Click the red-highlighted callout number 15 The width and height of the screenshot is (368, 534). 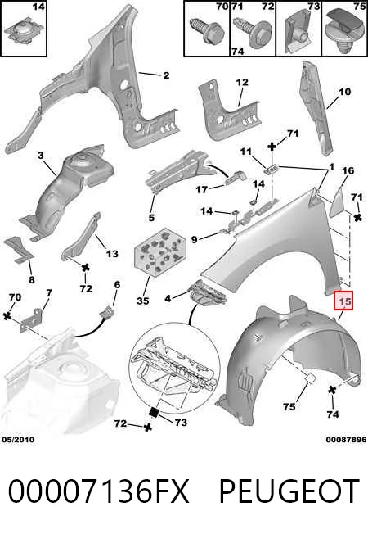coord(343,301)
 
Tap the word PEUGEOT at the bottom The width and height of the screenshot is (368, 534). coord(289,491)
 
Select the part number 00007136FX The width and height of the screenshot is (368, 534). coord(98,491)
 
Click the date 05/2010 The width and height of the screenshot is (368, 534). coord(18,440)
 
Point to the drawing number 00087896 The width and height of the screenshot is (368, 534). coord(346,440)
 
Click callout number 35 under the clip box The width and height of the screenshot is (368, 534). coord(143,301)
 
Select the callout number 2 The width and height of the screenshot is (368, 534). coord(166,75)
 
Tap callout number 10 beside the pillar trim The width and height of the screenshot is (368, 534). coord(344,92)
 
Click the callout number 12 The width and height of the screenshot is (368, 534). coord(242,82)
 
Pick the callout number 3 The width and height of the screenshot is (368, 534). coord(41,156)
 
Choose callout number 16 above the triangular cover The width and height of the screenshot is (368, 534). coord(348,170)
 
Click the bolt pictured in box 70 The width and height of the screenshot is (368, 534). coord(209,32)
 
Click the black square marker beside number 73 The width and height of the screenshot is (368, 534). coord(154,413)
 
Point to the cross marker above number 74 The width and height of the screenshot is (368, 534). coord(332,390)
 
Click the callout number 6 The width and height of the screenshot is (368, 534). coord(117,284)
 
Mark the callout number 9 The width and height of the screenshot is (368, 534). coord(194,239)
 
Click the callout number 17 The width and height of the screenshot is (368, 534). coord(201,189)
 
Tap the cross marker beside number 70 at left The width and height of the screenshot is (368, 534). coord(7,316)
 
